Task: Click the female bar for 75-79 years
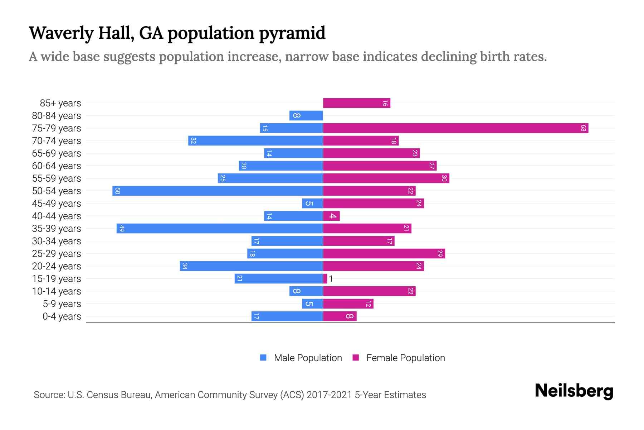point(455,128)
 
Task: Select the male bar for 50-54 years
point(218,191)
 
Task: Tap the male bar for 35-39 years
point(220,228)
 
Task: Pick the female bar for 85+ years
point(356,103)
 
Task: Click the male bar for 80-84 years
point(306,115)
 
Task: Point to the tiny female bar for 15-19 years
point(325,278)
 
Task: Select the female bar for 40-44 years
point(331,216)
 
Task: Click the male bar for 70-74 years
point(255,140)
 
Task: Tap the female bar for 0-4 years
point(340,316)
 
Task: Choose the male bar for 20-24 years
point(251,266)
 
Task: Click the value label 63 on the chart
point(583,128)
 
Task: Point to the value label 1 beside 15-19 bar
point(331,278)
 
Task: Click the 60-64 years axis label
point(57,166)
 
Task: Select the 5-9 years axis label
point(62,304)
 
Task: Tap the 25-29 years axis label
point(57,254)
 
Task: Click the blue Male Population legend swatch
point(263,358)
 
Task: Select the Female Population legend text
point(405,358)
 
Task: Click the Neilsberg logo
point(574,391)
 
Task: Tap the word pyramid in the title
point(292,33)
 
